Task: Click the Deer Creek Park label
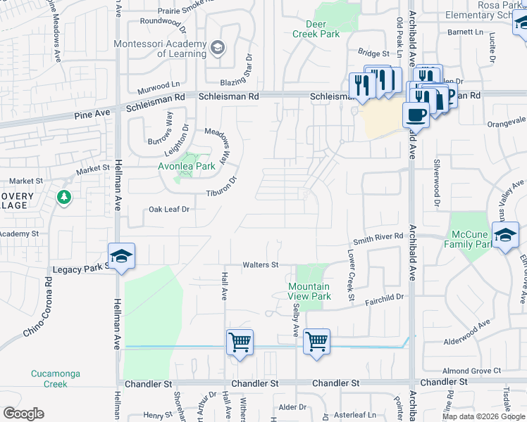click(316, 29)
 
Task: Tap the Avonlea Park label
click(185, 167)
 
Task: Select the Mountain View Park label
click(309, 291)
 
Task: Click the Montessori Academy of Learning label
click(161, 49)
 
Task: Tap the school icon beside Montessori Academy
click(218, 47)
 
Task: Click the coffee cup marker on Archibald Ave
click(416, 114)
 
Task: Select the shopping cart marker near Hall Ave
click(240, 342)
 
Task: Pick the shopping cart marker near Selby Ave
click(317, 342)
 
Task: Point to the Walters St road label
click(261, 265)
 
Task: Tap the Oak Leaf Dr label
click(170, 210)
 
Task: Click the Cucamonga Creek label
click(49, 378)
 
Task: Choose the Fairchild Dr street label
click(384, 298)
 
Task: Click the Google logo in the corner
click(23, 414)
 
